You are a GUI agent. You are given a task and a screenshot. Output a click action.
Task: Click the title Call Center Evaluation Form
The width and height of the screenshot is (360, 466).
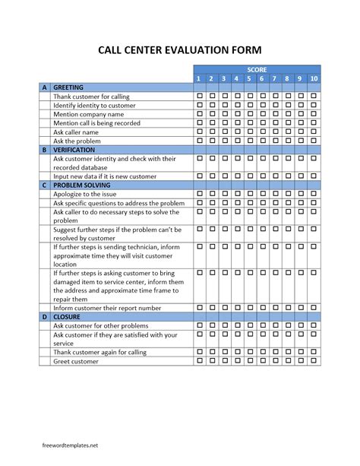tap(179, 49)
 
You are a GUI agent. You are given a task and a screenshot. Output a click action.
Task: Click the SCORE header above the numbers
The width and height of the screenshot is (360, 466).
tap(257, 69)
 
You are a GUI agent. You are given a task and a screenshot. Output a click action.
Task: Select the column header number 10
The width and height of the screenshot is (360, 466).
tap(314, 78)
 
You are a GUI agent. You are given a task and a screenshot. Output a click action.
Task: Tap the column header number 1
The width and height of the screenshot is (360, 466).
tap(200, 78)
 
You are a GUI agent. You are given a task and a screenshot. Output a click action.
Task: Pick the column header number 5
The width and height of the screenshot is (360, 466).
tap(249, 78)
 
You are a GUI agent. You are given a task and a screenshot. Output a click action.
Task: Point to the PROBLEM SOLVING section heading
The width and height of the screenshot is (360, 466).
tap(83, 185)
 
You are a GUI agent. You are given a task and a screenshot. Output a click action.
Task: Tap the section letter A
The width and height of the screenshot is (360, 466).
tap(44, 87)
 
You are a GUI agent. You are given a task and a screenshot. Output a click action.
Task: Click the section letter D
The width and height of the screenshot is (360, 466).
tap(44, 316)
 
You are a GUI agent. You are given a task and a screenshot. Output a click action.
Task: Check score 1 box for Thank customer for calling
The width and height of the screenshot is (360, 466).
tap(200, 97)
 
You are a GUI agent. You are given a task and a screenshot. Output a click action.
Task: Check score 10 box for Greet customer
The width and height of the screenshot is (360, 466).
tap(314, 361)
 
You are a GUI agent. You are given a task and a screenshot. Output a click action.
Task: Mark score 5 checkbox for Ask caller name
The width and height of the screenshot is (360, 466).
tap(249, 132)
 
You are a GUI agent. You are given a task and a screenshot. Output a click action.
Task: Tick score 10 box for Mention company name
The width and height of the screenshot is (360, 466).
tap(314, 114)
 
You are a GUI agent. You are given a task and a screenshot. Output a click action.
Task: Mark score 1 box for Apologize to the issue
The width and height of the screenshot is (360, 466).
tap(200, 195)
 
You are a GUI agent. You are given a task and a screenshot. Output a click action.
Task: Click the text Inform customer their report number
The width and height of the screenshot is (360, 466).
tap(106, 308)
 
